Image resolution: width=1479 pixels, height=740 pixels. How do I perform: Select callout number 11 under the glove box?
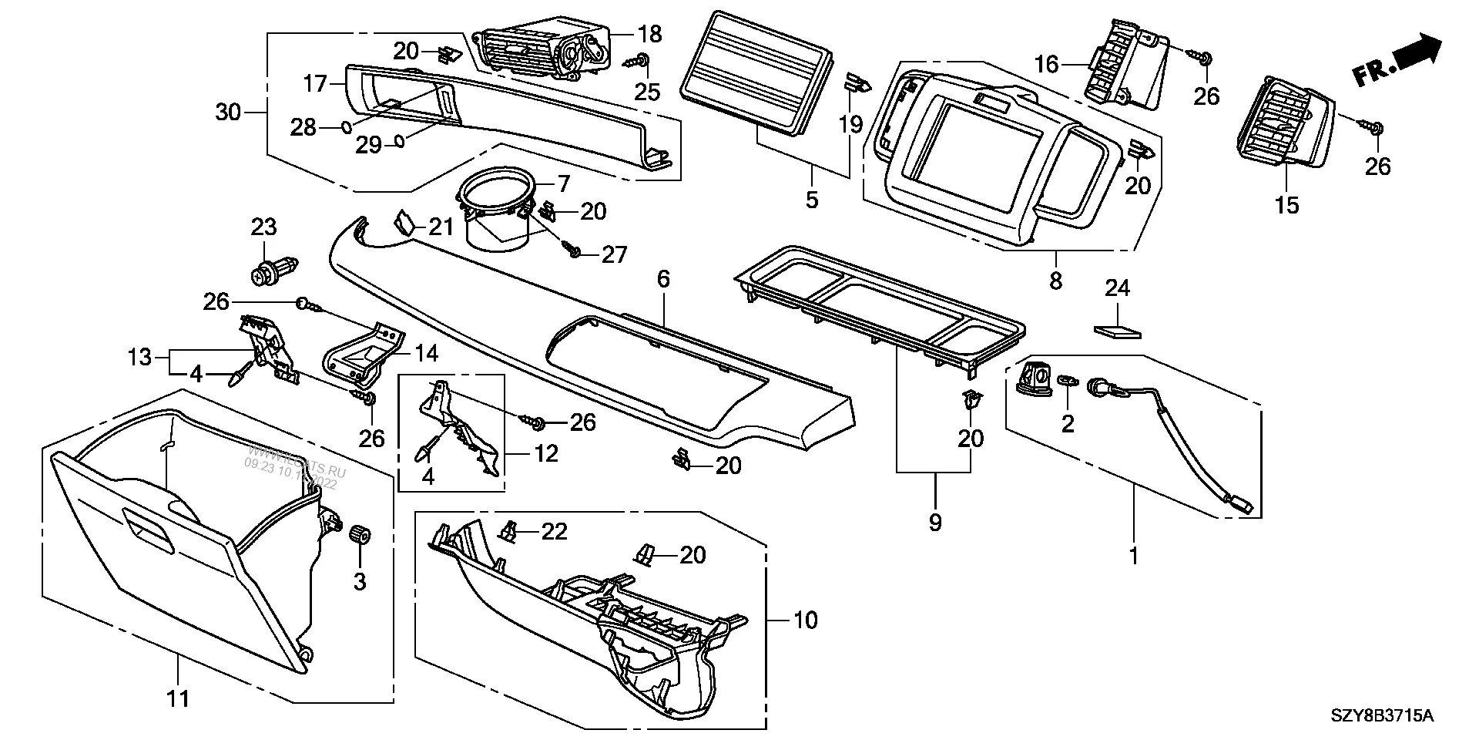coord(178,699)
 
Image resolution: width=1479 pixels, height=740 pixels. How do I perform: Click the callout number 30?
coord(228,113)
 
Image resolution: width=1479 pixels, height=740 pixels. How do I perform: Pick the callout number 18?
coord(649,33)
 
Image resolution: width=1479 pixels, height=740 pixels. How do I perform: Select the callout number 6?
coord(664,280)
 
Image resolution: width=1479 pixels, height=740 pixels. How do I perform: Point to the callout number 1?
coord(1133,554)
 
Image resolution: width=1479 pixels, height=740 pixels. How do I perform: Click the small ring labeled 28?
coord(347,126)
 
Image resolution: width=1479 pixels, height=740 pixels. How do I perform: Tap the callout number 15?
coord(1287,205)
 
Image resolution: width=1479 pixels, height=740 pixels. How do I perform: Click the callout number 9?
coord(935,523)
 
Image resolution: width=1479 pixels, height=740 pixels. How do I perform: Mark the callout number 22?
coord(554,531)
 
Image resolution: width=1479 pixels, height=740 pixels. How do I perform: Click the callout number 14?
coord(426,353)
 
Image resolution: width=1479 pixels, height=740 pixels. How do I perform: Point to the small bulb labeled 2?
coord(1068,380)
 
